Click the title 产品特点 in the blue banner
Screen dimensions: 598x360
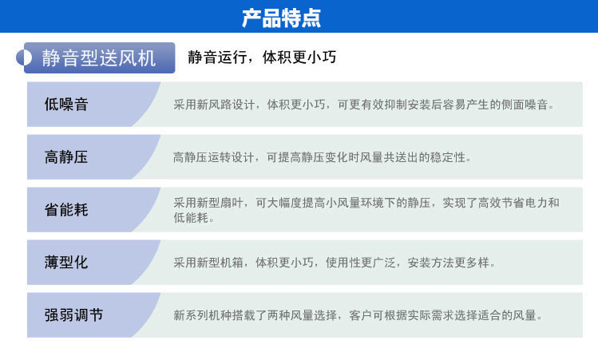click(x=282, y=18)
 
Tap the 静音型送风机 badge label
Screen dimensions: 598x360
click(x=98, y=58)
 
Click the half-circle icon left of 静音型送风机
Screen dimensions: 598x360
click(x=24, y=58)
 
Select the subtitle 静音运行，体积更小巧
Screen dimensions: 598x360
click(x=262, y=57)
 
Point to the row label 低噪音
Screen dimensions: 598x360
click(x=66, y=104)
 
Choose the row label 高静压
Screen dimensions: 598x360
click(x=66, y=156)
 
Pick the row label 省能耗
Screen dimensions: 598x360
click(x=66, y=209)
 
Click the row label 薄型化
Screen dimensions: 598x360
click(x=66, y=263)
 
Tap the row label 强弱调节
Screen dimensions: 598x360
click(x=73, y=315)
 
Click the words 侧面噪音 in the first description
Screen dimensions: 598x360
click(x=525, y=105)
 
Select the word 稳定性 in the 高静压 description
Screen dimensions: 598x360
click(x=448, y=157)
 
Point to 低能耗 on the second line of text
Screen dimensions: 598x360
click(x=191, y=218)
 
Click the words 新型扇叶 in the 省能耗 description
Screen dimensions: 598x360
click(x=220, y=203)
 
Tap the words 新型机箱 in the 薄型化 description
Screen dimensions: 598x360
click(x=220, y=263)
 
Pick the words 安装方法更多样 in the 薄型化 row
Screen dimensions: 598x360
click(x=449, y=263)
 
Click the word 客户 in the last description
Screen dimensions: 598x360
click(x=360, y=315)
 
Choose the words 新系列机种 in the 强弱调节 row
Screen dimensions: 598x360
click(x=203, y=315)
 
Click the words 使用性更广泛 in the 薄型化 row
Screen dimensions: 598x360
click(x=360, y=263)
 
